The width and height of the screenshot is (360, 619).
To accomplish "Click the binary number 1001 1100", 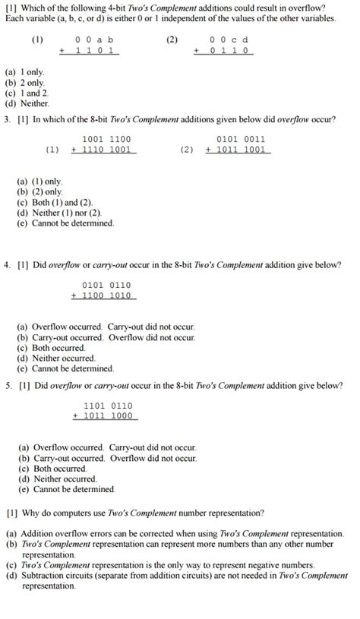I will pos(106,139).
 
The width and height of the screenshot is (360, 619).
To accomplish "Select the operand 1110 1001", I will pos(106,150).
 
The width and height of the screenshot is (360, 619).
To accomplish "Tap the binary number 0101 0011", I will pos(241,139).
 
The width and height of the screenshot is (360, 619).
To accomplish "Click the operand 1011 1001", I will pos(241,150).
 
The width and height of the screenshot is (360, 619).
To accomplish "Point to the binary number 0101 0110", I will pos(106,285).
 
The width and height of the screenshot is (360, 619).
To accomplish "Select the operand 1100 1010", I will pos(106,295).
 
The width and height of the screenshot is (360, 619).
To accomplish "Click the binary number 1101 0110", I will pos(108,405).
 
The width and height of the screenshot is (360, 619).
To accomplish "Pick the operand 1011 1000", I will pos(108,416).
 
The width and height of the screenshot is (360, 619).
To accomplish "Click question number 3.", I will pos(6,120).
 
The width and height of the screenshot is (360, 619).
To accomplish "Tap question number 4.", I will pos(6,265).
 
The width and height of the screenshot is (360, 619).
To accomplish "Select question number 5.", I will pos(6,385).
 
